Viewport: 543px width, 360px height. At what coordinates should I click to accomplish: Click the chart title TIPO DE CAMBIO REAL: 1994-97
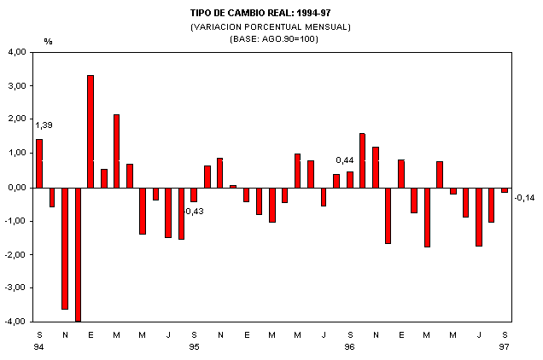coord(271,14)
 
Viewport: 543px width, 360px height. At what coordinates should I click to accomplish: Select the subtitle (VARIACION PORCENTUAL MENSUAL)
coord(271,26)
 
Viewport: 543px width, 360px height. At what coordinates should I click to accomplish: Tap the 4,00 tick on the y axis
coord(17,52)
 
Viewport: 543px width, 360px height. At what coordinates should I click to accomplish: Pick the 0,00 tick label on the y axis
coord(17,188)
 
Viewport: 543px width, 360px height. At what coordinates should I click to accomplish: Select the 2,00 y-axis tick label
coord(17,120)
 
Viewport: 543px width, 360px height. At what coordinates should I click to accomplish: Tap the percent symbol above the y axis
coord(48,41)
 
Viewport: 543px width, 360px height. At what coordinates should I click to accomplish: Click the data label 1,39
coord(44,125)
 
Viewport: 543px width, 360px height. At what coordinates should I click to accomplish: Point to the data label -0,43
coord(195,212)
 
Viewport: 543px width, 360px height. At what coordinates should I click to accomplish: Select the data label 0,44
coord(345,160)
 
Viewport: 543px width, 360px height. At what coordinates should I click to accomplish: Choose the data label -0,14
coord(524,198)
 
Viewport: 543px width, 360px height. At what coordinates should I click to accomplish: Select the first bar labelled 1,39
coord(39,163)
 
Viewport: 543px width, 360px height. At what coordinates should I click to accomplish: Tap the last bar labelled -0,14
coord(505,189)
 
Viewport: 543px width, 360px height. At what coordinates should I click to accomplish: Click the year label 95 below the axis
coord(194,347)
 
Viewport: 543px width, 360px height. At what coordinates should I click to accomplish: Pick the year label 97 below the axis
coord(505,347)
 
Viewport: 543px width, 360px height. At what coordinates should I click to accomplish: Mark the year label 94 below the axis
coord(39,347)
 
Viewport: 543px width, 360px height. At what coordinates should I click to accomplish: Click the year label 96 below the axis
coord(349,347)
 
